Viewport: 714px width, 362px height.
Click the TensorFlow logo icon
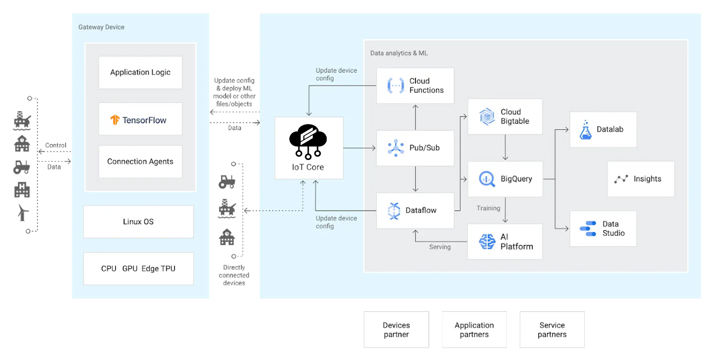click(115, 120)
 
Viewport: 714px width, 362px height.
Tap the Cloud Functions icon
click(395, 86)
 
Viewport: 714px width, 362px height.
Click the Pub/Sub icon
click(395, 148)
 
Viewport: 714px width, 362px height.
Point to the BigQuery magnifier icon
click(487, 179)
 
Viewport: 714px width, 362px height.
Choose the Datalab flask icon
click(586, 130)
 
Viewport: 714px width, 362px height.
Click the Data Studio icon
click(588, 229)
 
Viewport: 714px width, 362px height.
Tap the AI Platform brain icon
click(487, 242)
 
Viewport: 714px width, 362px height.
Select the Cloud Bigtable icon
click(487, 116)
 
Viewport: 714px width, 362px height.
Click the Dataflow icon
click(394, 211)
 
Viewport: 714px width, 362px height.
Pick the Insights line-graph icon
click(621, 179)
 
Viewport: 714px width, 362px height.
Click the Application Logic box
click(140, 72)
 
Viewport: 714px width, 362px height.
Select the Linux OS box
click(138, 222)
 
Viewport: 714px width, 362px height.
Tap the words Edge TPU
click(158, 269)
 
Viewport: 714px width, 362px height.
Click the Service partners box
click(552, 330)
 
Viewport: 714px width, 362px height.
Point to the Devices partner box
click(396, 330)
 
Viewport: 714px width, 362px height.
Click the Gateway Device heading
click(102, 27)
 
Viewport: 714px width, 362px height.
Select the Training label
click(488, 208)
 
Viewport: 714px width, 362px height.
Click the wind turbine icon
click(23, 213)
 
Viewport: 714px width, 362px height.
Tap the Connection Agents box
click(140, 162)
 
